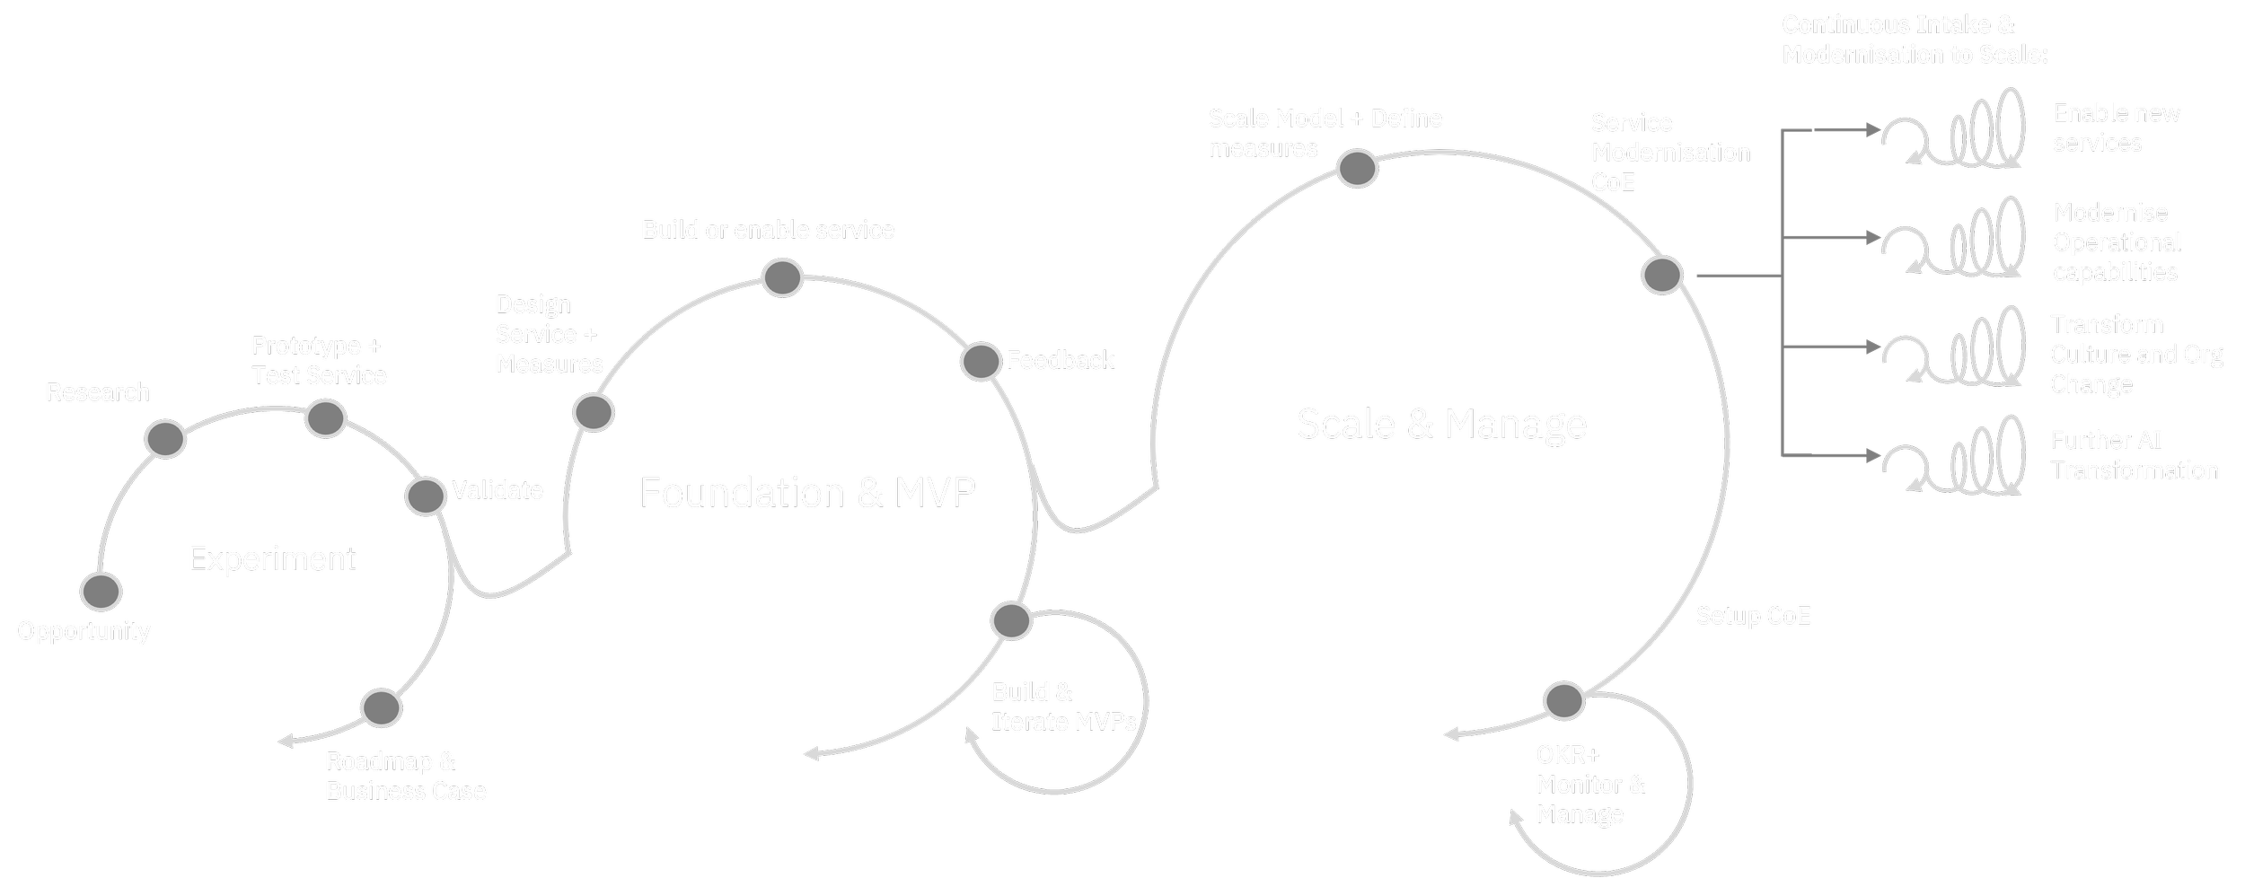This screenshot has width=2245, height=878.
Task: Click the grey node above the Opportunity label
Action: (101, 592)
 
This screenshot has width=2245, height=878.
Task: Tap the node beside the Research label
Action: (165, 439)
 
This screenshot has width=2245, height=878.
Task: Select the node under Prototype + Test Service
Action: (325, 418)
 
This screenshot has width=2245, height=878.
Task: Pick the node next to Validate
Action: (425, 496)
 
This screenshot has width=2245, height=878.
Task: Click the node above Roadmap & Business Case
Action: (381, 708)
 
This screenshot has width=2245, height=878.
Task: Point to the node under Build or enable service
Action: (782, 277)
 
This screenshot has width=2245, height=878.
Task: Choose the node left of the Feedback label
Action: (981, 361)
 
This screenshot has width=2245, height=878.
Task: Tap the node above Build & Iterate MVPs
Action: (1011, 620)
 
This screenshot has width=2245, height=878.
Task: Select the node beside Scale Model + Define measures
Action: (1358, 168)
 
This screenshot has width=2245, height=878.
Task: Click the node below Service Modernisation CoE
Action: (1662, 275)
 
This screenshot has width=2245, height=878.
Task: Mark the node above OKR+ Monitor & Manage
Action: (1564, 700)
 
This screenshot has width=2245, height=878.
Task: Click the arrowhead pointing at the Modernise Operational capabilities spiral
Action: (1873, 238)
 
